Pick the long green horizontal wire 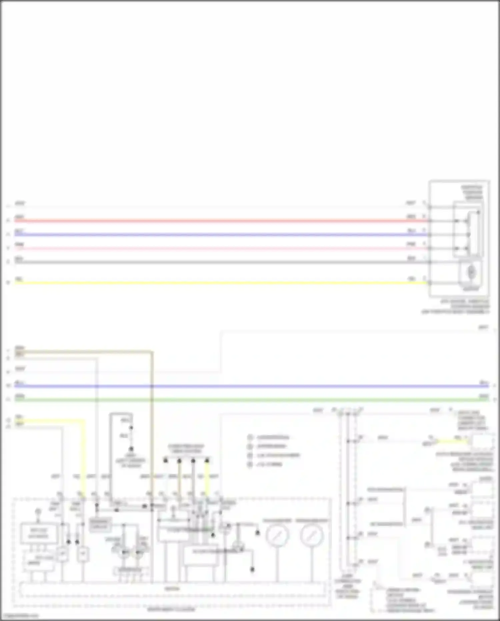tap(250, 400)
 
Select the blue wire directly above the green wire tap(250, 386)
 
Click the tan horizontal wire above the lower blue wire tap(83, 351)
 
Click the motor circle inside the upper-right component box tap(471, 272)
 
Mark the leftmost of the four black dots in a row tap(165, 461)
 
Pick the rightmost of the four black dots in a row tap(207, 461)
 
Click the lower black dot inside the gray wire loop tap(131, 449)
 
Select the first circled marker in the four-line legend tap(250, 437)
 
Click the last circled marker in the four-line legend tap(250, 464)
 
